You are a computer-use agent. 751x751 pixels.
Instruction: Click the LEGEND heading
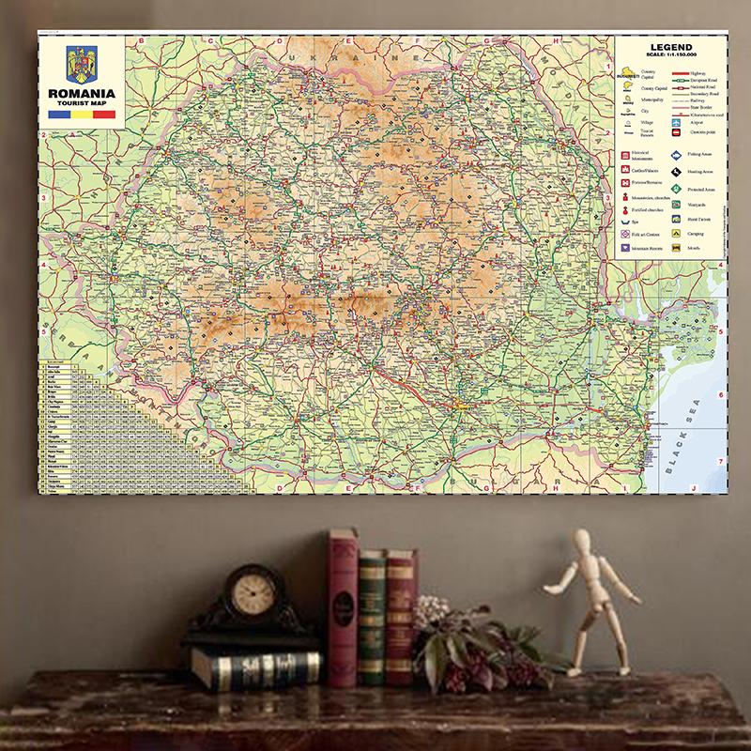coord(670,47)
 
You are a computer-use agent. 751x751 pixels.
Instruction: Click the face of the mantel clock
coord(249,593)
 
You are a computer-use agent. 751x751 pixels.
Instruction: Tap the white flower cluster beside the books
coord(434,610)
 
